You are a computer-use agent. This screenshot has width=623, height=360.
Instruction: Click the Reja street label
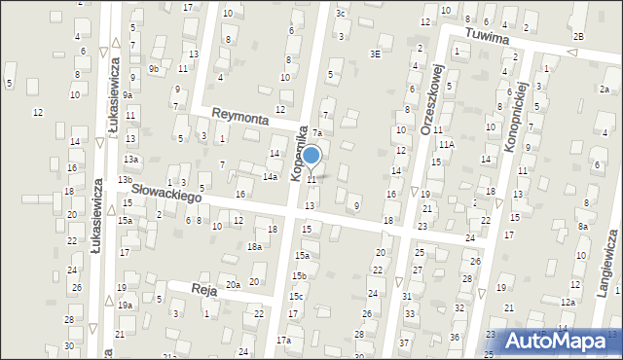(x=202, y=290)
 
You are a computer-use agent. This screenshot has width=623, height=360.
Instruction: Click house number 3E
(x=375, y=54)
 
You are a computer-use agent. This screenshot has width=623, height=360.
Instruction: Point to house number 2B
(x=578, y=36)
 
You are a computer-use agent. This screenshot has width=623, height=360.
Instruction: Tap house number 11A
(x=446, y=144)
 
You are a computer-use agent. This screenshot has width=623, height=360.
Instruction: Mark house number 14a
(x=270, y=176)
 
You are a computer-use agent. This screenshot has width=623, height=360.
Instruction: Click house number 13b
(x=125, y=180)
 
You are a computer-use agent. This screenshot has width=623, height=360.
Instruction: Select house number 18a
(x=254, y=247)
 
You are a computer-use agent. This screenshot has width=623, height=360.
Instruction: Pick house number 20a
(x=233, y=284)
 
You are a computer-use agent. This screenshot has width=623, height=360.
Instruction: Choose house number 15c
(x=296, y=296)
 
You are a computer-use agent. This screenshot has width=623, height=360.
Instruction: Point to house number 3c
(x=341, y=13)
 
